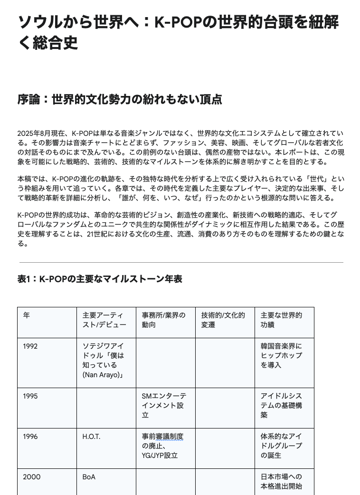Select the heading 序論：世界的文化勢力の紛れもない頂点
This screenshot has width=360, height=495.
click(x=120, y=100)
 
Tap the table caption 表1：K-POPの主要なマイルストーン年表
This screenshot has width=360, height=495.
click(x=100, y=279)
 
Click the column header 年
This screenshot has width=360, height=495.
click(x=27, y=315)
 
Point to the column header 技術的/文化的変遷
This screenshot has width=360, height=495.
click(x=223, y=320)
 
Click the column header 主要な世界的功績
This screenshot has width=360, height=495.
click(x=282, y=320)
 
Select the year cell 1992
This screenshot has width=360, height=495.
click(x=30, y=346)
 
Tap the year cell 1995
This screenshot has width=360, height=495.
click(x=30, y=396)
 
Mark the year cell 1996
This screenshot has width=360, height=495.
click(x=30, y=437)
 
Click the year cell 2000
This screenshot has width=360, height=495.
click(x=30, y=477)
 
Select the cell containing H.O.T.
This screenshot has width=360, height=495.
click(x=92, y=437)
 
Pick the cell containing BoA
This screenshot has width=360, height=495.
click(x=89, y=477)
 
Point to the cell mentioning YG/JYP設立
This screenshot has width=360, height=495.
click(x=162, y=446)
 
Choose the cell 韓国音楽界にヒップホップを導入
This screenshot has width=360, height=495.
click(x=281, y=356)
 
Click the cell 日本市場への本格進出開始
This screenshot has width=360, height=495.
click(x=281, y=481)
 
